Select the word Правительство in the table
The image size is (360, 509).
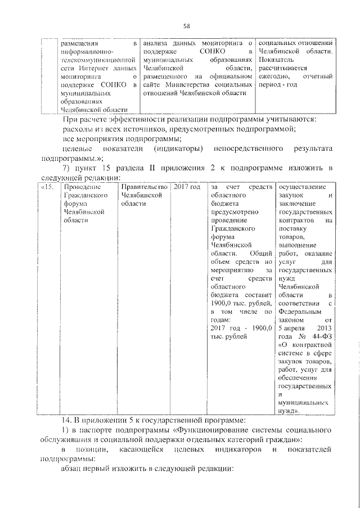(x=145, y=187)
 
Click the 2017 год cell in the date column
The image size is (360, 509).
(x=186, y=187)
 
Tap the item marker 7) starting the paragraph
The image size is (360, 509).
(x=66, y=168)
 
